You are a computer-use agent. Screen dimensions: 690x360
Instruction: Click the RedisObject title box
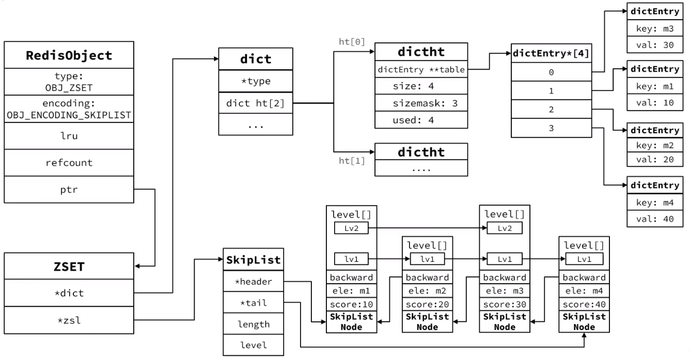coord(69,55)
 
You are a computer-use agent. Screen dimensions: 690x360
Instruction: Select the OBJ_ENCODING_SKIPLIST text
coord(69,115)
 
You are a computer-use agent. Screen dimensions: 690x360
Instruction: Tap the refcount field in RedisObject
coord(69,163)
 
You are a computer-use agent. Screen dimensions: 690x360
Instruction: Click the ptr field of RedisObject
coord(69,190)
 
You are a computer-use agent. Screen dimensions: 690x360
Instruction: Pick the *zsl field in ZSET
coord(69,320)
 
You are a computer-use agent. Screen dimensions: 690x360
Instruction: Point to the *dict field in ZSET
coord(69,293)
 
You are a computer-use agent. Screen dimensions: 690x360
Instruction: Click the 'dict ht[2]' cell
coord(256,103)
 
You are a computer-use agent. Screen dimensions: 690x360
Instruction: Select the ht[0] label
coord(352,41)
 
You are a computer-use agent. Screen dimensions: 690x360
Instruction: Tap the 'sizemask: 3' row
coord(421,103)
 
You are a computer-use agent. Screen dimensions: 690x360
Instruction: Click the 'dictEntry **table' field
coord(421,69)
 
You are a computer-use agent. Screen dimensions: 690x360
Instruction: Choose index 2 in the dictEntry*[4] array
coord(552,109)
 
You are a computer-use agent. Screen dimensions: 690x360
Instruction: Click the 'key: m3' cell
coord(655,28)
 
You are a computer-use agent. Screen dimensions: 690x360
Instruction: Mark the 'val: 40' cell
coord(655,219)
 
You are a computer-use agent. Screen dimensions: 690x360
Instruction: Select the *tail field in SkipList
coord(253,303)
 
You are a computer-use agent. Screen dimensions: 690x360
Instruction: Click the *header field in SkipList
coord(253,281)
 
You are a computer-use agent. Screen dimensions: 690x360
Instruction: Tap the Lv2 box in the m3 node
coord(505,228)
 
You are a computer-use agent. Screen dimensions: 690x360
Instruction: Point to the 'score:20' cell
coord(427,304)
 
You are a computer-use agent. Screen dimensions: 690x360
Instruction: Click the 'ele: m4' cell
coord(584,291)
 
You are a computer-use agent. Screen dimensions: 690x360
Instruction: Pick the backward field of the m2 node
coord(427,277)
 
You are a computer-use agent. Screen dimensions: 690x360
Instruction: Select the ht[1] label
coord(352,161)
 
